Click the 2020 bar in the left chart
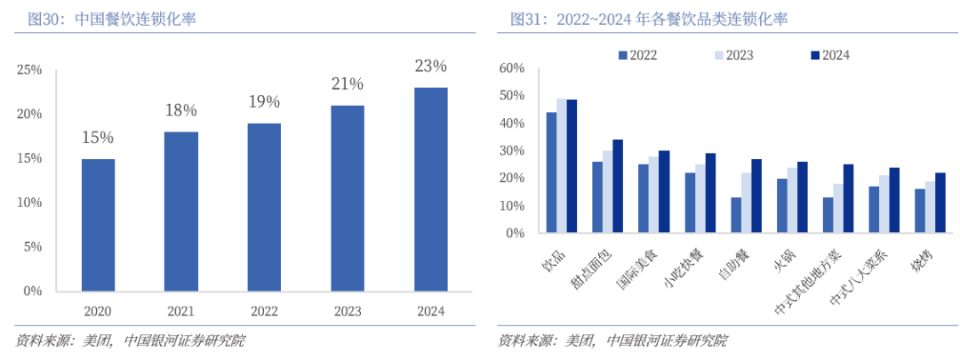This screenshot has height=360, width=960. coord(98,225)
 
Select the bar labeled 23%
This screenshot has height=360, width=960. coord(431,188)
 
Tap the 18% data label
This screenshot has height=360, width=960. coord(181,110)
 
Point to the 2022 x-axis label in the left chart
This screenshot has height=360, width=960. coord(264,312)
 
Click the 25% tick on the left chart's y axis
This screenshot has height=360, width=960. coord(29,69)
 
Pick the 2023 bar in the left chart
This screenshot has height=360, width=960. coord(348,198)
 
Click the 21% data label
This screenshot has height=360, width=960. coord(348,84)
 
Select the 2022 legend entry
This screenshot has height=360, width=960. coord(636,55)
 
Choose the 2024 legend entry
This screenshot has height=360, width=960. coord(828,55)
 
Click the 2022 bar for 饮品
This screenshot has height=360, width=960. coord(551,172)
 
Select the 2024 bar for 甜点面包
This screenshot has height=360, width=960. coord(618,187)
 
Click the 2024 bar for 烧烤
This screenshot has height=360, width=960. coord(940,203)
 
